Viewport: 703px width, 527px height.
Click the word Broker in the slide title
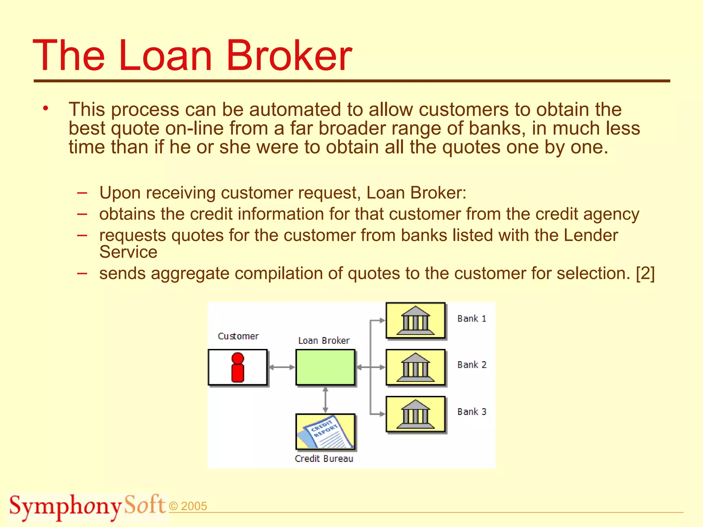(x=289, y=56)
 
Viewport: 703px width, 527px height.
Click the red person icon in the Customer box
(x=238, y=367)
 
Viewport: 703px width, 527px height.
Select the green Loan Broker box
(x=325, y=367)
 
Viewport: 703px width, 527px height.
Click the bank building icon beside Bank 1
(x=415, y=320)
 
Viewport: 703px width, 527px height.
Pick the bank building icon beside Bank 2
(x=415, y=367)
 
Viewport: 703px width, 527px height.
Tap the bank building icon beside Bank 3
(x=415, y=414)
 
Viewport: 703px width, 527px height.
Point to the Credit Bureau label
(x=324, y=459)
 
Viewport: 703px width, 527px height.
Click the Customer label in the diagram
(x=238, y=336)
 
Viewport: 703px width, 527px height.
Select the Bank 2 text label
(x=472, y=365)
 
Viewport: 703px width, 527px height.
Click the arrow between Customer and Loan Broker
(x=281, y=367)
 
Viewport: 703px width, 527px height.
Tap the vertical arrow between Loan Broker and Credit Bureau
(x=325, y=400)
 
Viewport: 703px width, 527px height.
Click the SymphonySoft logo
(x=88, y=506)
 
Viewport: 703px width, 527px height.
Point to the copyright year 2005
(x=194, y=506)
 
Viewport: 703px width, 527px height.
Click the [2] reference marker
(x=645, y=273)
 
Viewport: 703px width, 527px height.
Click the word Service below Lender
(x=128, y=253)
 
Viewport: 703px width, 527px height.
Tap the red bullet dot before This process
(x=46, y=109)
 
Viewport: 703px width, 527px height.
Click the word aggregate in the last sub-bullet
(x=190, y=274)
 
